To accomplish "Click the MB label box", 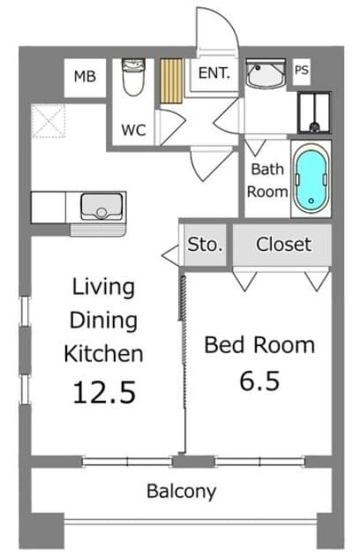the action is coord(85,77).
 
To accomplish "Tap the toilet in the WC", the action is coord(133,77).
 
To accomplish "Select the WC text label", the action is coord(133,130).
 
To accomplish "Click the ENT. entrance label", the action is coord(214,73).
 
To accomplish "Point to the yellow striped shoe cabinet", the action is coord(171,81).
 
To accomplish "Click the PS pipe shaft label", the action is coord(301,70).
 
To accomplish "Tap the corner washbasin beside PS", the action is coord(266,73).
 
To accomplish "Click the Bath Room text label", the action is coord(267,180).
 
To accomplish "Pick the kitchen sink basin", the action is coord(101,207).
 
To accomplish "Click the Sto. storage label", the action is coord(205,245).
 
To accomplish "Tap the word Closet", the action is coord(284,245).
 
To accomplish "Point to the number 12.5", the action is coord(104,392).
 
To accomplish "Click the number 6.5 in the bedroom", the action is coord(259,381).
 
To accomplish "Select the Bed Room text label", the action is coord(259,345).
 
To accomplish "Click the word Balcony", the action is coord(181,492).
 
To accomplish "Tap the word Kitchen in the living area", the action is coord(103,353).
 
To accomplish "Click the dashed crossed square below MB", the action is coord(49,121).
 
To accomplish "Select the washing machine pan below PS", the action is coord(314,113).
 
